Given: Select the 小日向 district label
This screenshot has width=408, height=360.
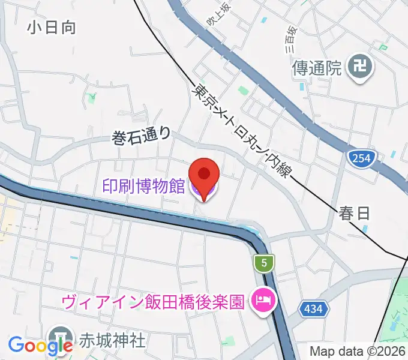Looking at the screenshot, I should click(51, 27).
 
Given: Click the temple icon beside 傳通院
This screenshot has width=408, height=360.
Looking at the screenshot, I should click(361, 67).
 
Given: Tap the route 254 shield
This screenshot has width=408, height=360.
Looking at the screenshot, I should click(361, 158).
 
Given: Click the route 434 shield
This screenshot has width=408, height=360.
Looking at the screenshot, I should click(313, 308).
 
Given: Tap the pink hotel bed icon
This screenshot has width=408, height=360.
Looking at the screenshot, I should click(262, 299).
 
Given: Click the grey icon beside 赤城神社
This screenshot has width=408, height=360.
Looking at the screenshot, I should click(61, 336).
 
